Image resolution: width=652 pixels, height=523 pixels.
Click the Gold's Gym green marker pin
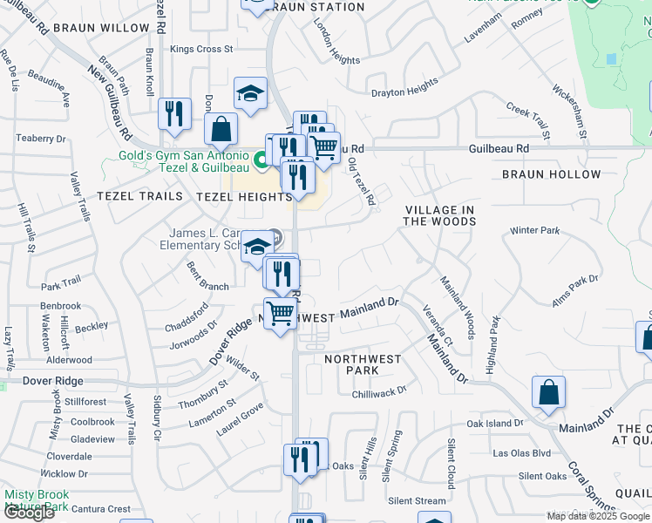261,160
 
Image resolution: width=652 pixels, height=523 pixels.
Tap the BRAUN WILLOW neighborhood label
101,28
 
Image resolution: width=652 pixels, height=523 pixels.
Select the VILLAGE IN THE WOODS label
439,215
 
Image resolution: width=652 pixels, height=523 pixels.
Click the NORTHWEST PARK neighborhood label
363,364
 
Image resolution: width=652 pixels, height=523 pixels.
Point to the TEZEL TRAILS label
139,196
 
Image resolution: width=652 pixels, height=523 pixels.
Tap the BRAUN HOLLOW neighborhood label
552,174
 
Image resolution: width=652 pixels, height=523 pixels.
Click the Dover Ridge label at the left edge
52,381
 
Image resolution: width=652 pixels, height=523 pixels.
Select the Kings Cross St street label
201,50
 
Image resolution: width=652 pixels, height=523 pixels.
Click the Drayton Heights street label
404,89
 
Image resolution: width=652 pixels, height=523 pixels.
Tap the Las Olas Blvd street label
522,453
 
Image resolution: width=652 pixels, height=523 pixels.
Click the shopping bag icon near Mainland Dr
548,394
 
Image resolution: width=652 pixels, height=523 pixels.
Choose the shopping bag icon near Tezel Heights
221,130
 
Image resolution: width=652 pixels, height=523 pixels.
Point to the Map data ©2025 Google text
597,516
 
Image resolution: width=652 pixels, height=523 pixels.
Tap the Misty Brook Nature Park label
37,500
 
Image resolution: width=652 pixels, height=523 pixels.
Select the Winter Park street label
534,231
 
